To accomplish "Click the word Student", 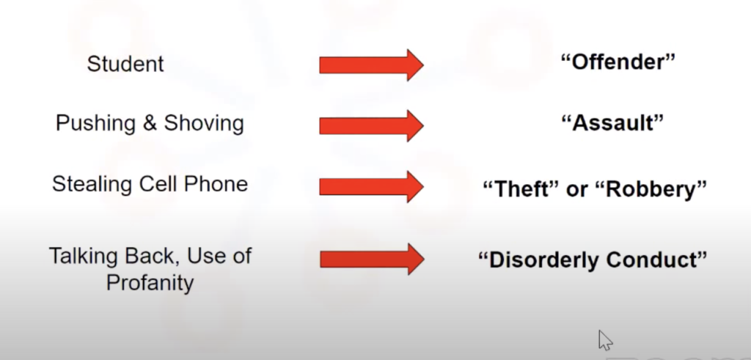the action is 125,64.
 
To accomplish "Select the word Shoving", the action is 204,123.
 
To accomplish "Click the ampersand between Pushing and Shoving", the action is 150,123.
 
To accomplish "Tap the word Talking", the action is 84,257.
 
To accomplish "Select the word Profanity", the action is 150,282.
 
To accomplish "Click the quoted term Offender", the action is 618,62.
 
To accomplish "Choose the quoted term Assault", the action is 612,123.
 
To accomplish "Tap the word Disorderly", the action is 539,260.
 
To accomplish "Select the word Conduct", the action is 656,260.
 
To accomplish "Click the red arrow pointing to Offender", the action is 372,65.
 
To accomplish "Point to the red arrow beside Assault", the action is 372,125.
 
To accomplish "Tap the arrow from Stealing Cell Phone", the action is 372,187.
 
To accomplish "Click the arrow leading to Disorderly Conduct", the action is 372,259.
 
